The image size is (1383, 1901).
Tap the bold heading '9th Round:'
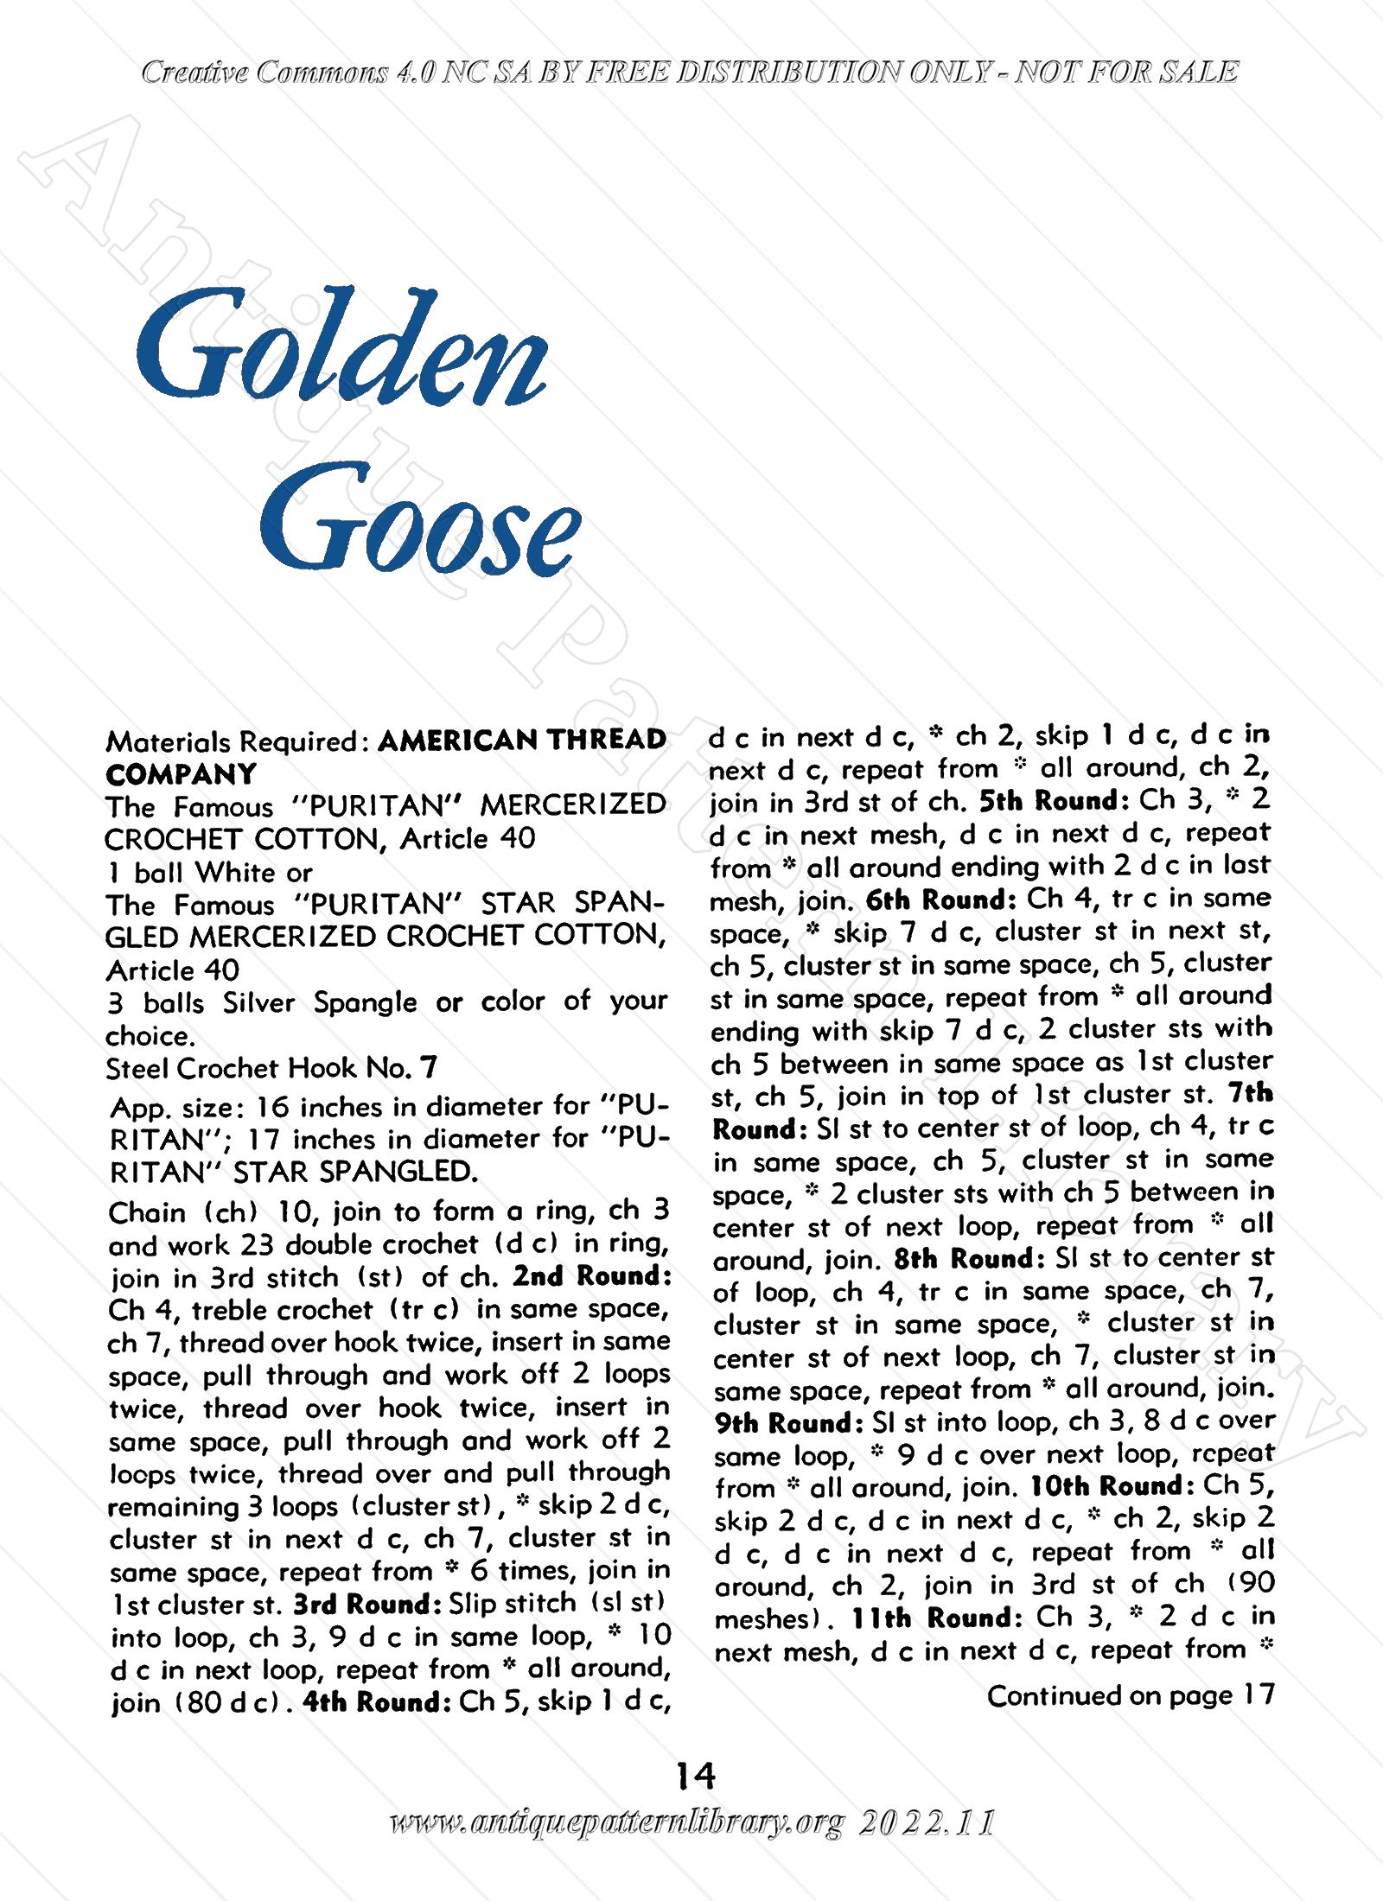[785, 1423]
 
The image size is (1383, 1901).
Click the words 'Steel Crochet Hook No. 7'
[271, 1069]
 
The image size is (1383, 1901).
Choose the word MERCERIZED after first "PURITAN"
[572, 805]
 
